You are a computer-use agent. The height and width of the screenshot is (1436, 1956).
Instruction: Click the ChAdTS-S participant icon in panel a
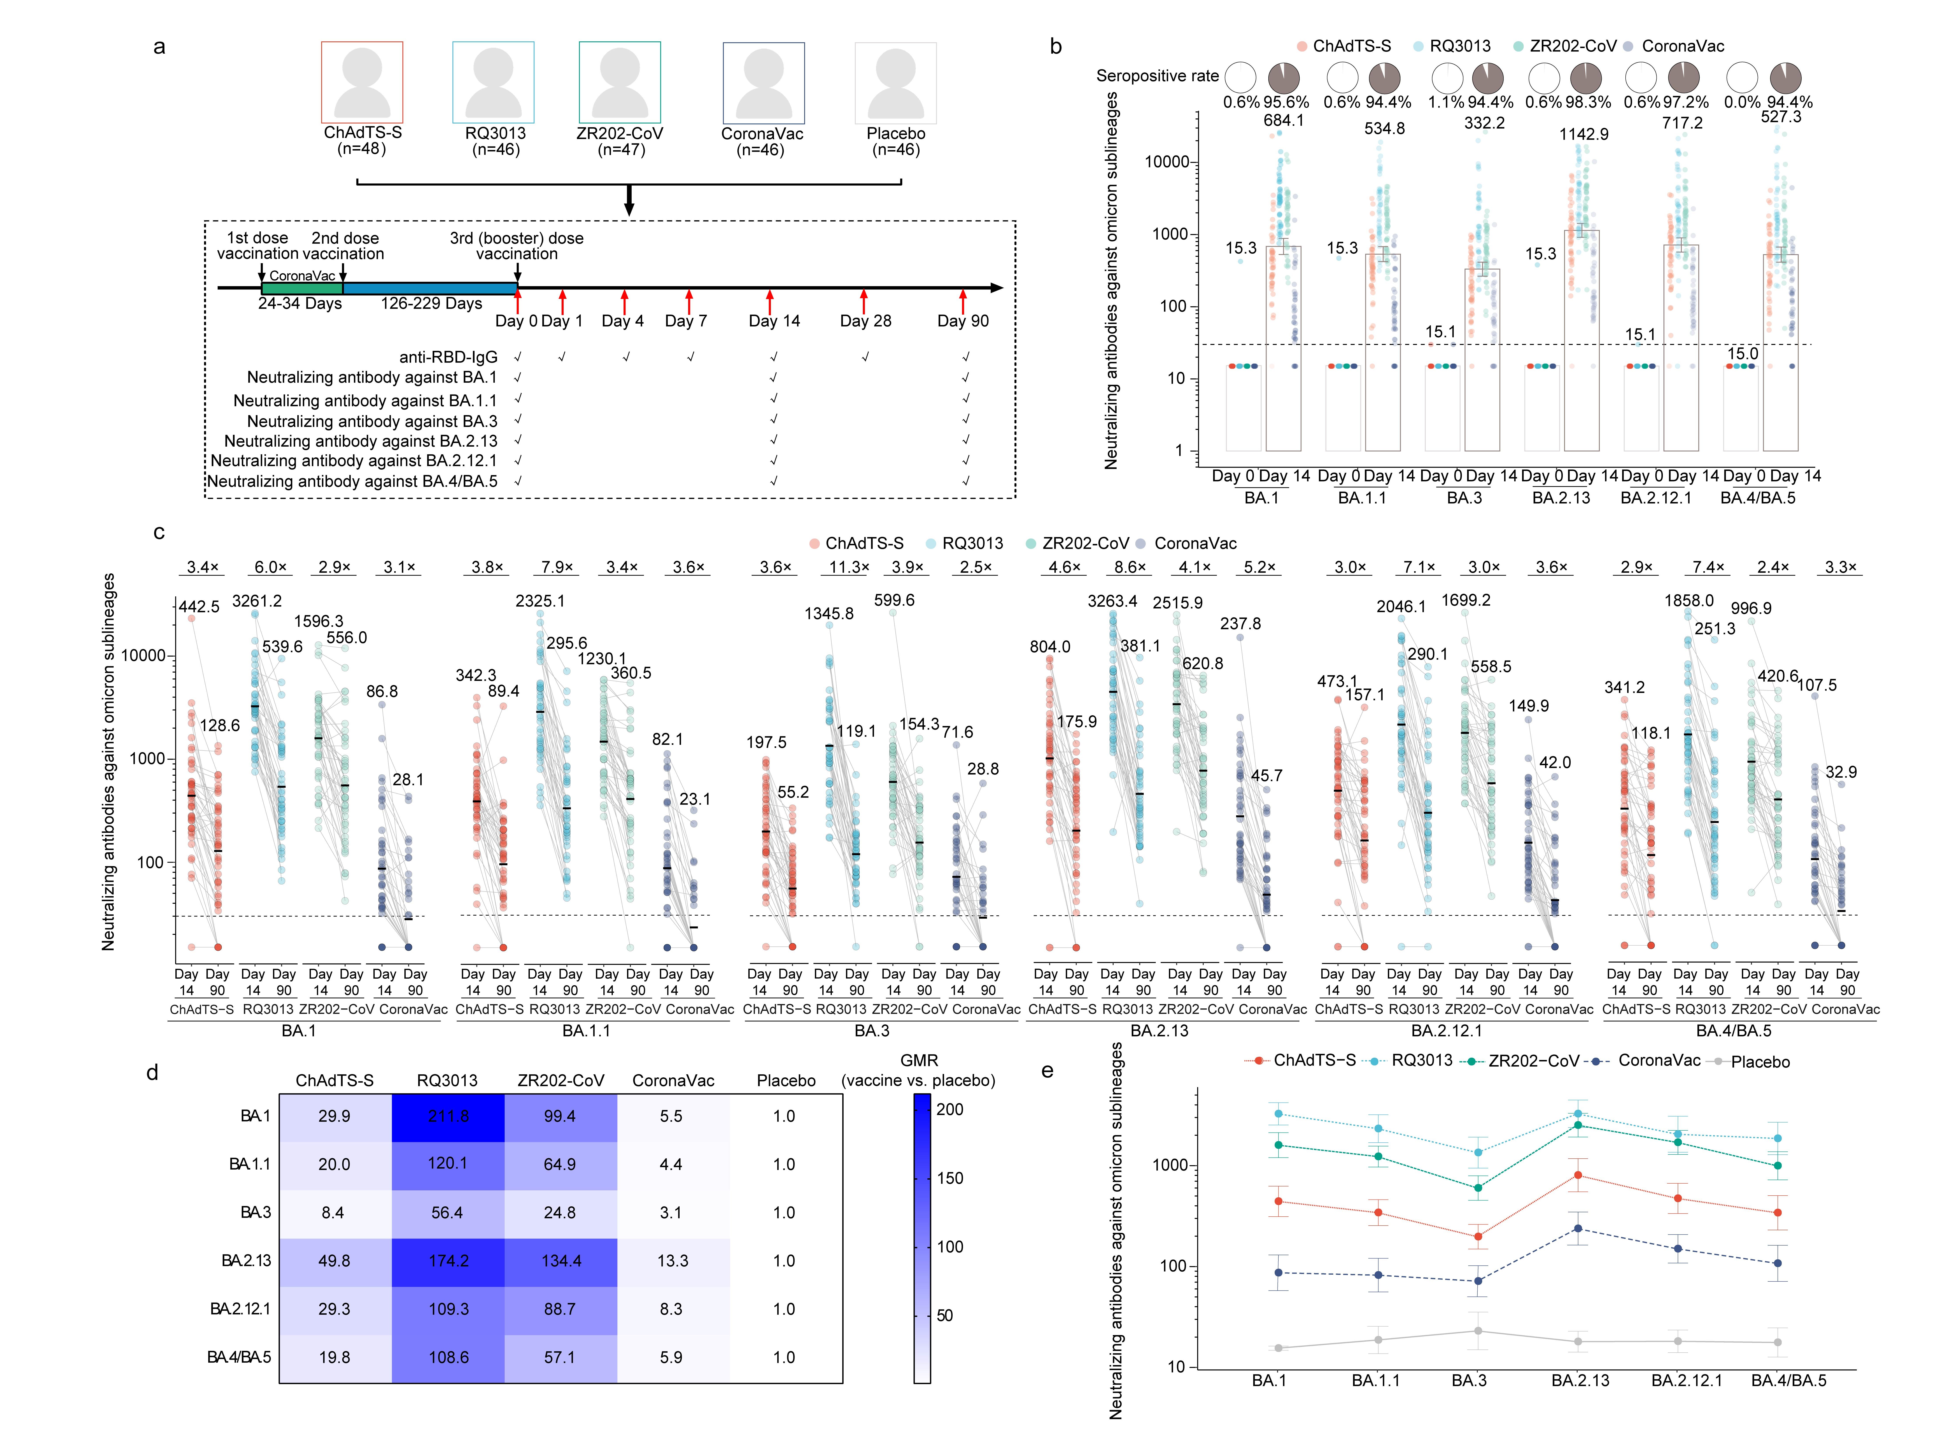click(362, 83)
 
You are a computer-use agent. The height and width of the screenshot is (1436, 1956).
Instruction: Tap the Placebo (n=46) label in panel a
click(895, 141)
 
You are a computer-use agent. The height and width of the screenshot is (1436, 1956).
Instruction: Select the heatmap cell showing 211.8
click(448, 1116)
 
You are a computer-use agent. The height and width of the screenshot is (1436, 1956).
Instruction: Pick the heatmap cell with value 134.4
click(561, 1260)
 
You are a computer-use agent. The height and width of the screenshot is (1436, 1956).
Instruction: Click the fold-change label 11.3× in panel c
click(848, 567)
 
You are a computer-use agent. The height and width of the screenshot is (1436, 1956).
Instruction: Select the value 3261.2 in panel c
click(256, 601)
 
